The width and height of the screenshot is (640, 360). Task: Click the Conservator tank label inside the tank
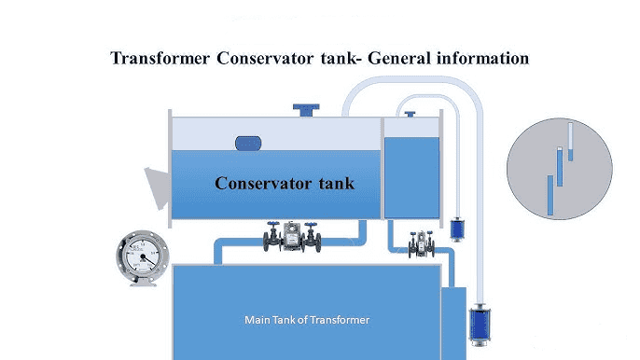[285, 183]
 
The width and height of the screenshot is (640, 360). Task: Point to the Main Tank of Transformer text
[307, 320]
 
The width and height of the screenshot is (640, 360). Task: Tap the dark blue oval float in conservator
[249, 143]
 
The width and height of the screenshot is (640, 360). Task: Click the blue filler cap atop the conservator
[305, 109]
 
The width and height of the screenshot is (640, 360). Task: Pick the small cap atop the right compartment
[410, 114]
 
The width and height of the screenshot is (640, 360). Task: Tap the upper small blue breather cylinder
[456, 228]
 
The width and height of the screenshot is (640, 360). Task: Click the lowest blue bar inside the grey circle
[550, 195]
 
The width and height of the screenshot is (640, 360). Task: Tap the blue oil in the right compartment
[410, 177]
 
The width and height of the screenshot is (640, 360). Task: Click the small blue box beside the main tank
[452, 322]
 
